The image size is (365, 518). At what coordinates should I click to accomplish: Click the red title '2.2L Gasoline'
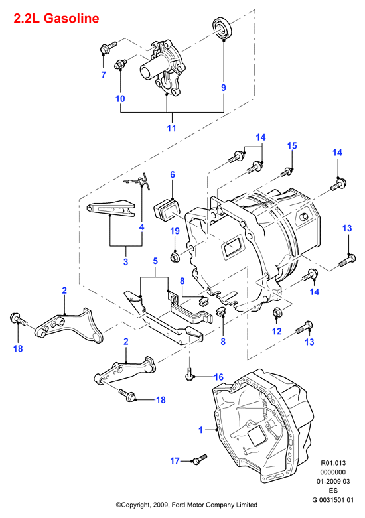56,18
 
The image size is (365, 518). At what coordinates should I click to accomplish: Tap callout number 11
171,128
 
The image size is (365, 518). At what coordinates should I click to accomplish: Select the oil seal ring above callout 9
222,29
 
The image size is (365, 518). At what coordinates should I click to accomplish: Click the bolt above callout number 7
108,47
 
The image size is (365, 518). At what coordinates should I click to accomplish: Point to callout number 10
120,98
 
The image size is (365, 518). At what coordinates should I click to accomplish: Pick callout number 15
292,145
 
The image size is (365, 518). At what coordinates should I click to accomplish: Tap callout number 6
173,174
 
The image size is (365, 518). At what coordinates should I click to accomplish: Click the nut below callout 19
175,257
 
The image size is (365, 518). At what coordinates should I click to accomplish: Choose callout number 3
125,261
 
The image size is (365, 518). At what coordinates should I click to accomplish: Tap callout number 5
155,261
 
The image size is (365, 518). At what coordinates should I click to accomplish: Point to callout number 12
277,331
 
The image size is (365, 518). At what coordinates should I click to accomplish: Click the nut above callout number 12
277,312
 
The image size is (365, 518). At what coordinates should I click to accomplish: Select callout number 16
218,377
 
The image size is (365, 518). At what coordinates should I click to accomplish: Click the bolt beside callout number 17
199,458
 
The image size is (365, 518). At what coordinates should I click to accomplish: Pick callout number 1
200,430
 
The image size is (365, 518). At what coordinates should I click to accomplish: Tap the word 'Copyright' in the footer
135,505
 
